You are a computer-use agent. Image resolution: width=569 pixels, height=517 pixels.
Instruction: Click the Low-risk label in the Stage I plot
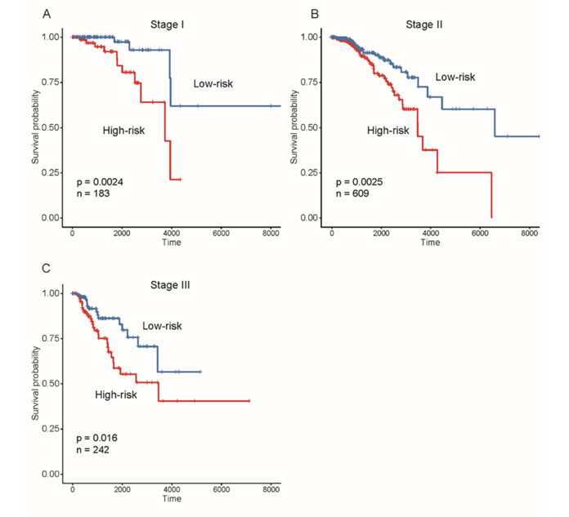[x=213, y=83]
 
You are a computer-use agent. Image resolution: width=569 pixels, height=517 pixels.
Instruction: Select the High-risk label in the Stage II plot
[x=388, y=130]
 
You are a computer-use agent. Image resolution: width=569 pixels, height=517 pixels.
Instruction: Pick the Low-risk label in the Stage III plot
[x=162, y=326]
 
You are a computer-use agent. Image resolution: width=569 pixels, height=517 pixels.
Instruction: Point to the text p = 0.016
[x=96, y=438]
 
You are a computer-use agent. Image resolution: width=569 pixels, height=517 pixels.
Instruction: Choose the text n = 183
[x=92, y=194]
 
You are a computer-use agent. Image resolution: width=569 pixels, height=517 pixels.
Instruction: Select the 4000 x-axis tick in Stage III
[x=171, y=490]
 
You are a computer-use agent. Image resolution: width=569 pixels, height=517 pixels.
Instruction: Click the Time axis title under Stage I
[x=172, y=243]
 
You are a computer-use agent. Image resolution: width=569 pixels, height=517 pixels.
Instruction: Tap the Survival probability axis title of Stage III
[x=36, y=384]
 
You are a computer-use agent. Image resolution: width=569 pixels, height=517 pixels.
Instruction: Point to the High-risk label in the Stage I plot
[x=123, y=130]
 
